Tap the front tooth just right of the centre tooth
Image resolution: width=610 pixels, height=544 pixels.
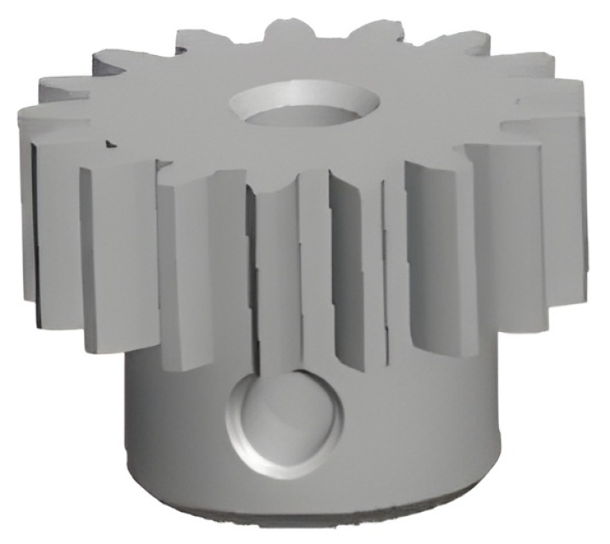[356, 271]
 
